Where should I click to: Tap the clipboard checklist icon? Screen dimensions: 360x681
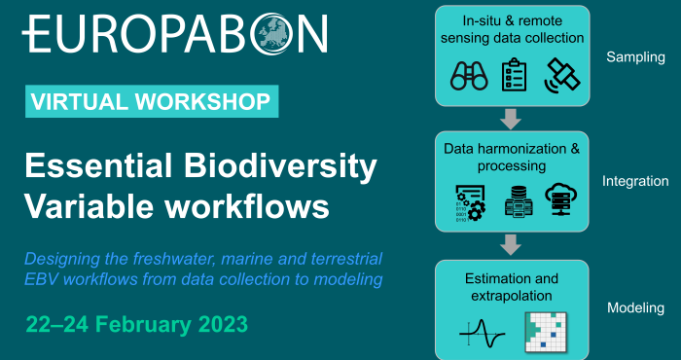tap(514, 75)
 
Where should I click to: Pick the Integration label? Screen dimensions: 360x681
tap(635, 181)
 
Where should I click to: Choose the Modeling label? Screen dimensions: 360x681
tap(635, 307)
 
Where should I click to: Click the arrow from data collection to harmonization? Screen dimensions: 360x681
tap(512, 118)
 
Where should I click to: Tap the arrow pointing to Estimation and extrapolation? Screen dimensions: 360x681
tap(512, 244)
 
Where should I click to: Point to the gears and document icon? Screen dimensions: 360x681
tap(470, 202)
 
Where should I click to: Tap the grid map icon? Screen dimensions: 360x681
tap(546, 332)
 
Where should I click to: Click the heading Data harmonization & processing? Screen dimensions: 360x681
tap(512, 158)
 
